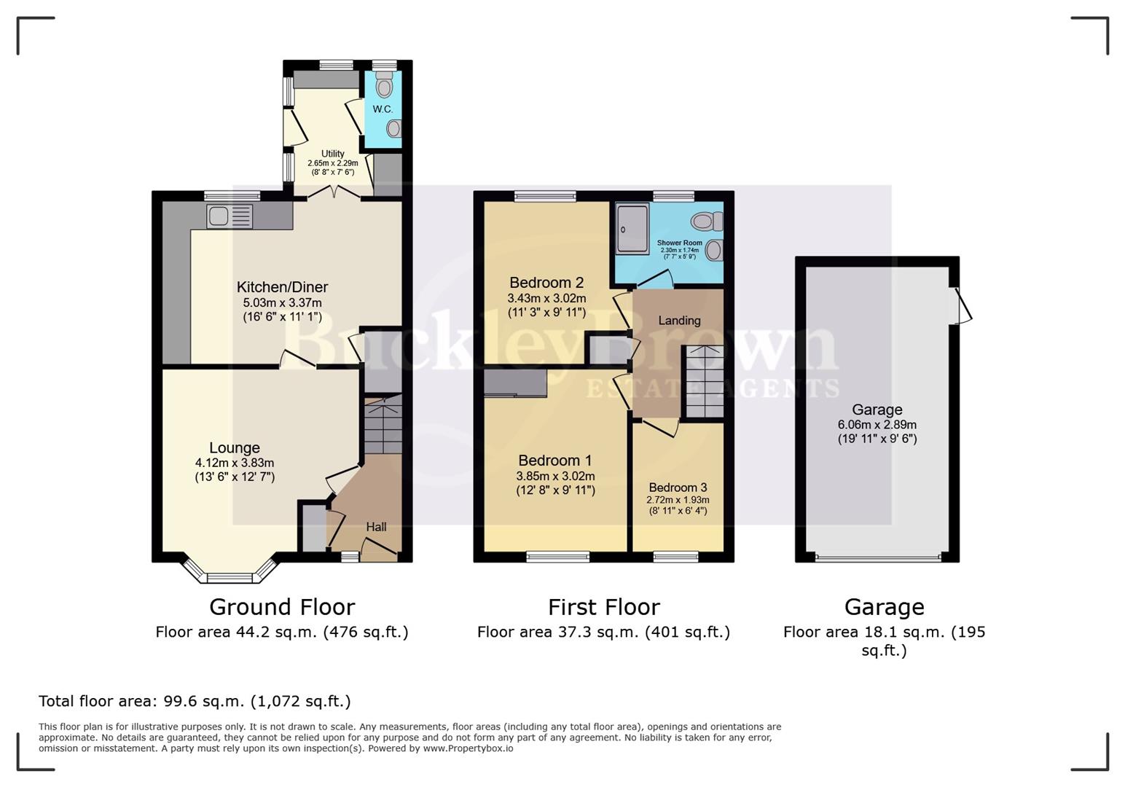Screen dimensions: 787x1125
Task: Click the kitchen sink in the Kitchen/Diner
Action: [229, 216]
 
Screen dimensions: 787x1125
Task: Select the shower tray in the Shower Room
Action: [632, 228]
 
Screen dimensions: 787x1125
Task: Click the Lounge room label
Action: [235, 448]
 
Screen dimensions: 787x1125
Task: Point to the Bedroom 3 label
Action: [678, 488]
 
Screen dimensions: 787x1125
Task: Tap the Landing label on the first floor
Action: [679, 321]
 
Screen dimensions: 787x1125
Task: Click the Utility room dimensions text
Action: [332, 168]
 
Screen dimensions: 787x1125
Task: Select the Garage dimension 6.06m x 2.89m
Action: [877, 425]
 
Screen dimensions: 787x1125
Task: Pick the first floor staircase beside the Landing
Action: [704, 383]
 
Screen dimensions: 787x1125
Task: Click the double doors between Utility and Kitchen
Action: [334, 191]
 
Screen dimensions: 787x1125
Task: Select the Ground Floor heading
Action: [282, 607]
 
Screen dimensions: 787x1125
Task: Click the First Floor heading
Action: [603, 607]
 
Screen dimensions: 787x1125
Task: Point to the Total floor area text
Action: [195, 701]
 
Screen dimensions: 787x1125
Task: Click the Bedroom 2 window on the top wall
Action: [545, 195]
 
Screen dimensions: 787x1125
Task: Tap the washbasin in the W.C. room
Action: [393, 129]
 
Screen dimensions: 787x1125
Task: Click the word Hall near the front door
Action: [376, 527]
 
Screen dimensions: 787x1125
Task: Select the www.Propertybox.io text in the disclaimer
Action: [468, 748]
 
